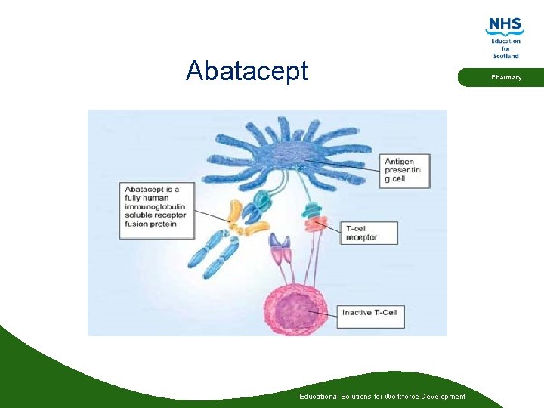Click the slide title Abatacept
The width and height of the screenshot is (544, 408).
(247, 71)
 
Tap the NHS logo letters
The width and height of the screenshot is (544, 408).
(505, 26)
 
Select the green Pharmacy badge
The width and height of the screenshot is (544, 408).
(505, 77)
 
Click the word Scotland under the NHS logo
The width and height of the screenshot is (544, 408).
(505, 56)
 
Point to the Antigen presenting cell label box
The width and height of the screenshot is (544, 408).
(406, 171)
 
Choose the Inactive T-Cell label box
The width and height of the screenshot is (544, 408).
(372, 313)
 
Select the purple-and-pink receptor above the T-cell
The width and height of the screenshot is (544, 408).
(280, 250)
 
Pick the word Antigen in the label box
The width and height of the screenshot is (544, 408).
(399, 162)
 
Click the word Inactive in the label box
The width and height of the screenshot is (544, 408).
(357, 313)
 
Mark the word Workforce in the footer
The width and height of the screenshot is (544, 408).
(400, 397)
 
